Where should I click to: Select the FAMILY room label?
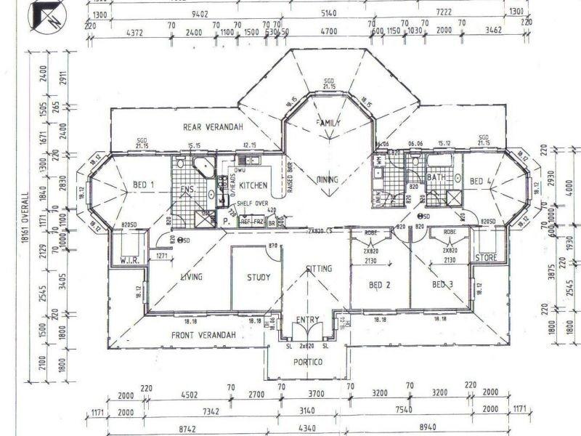(328, 124)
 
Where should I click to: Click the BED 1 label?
(144, 185)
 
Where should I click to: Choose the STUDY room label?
(258, 277)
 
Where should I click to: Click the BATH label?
(436, 177)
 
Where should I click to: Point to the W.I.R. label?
(130, 259)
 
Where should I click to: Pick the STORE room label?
(486, 257)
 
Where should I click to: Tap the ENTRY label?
(309, 320)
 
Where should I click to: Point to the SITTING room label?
(319, 269)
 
